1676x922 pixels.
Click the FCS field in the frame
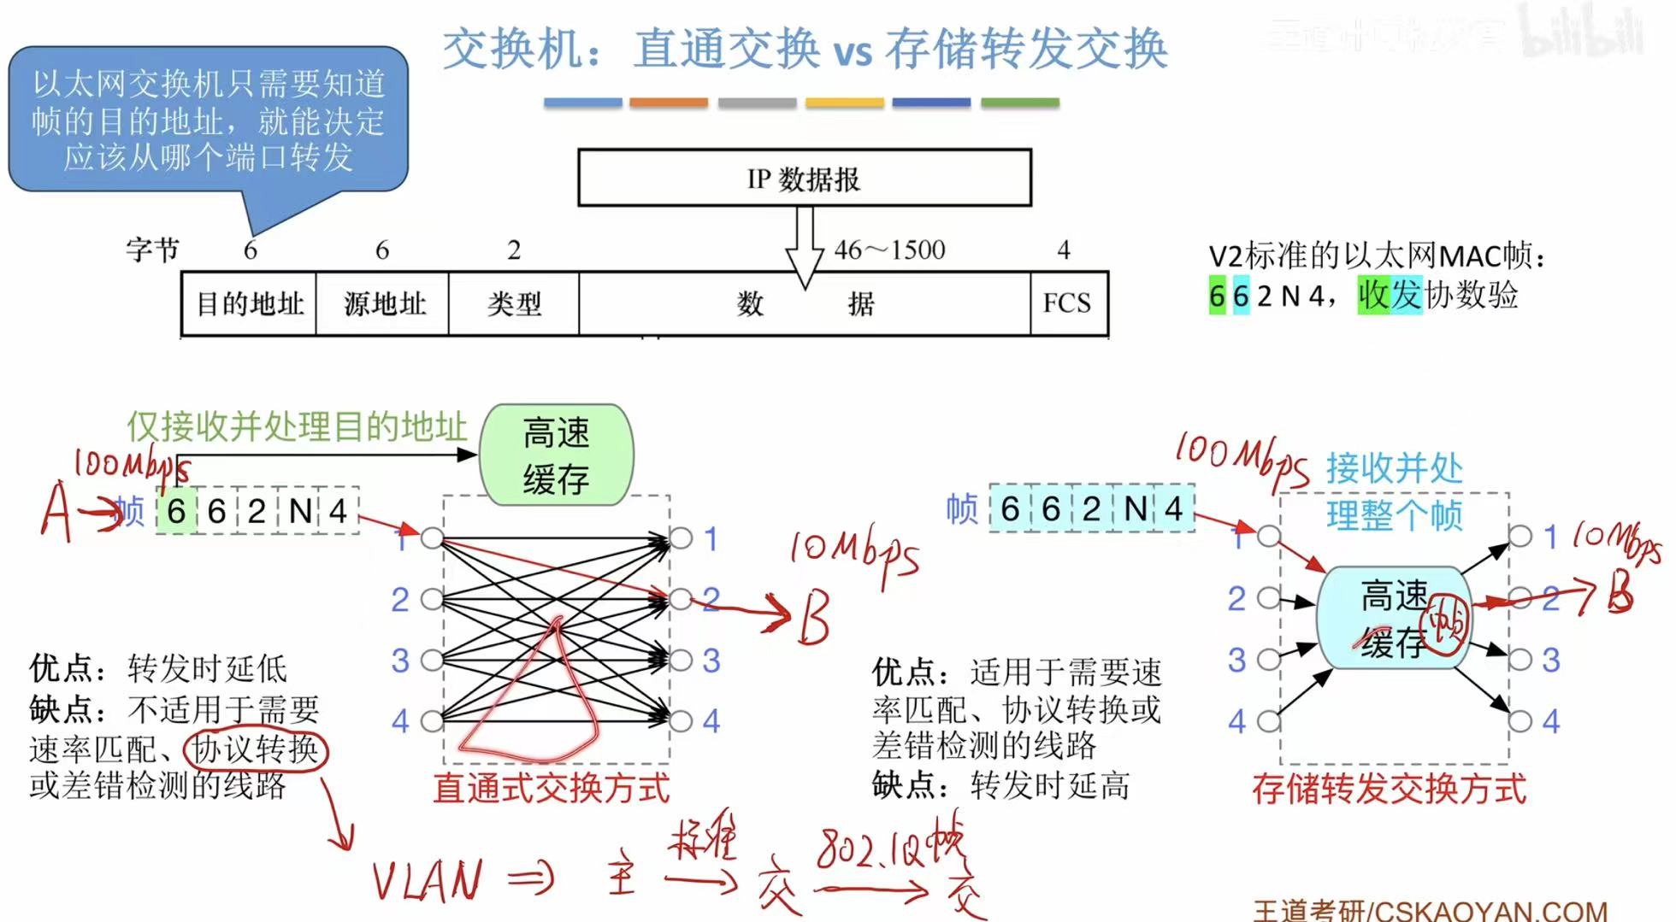(x=1068, y=303)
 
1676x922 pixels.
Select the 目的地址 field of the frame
(x=250, y=303)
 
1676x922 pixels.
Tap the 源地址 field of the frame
(x=383, y=303)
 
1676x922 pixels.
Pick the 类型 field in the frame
(x=514, y=303)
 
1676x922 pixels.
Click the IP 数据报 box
(x=804, y=179)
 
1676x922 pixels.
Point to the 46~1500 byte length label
(x=889, y=250)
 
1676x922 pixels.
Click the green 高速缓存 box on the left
(x=556, y=455)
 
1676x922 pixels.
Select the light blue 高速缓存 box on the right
(x=1394, y=618)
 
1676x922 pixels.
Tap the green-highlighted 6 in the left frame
(x=176, y=511)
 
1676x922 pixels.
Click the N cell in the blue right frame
(x=1135, y=509)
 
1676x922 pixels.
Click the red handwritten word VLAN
(x=427, y=880)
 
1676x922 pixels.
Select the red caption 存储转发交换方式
(x=1389, y=788)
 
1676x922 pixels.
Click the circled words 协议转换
(x=256, y=749)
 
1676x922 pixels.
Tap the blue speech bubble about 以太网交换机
(x=208, y=120)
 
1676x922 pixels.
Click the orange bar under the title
(x=669, y=103)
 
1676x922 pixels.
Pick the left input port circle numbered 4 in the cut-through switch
(x=433, y=720)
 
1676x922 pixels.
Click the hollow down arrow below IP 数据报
(x=804, y=248)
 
